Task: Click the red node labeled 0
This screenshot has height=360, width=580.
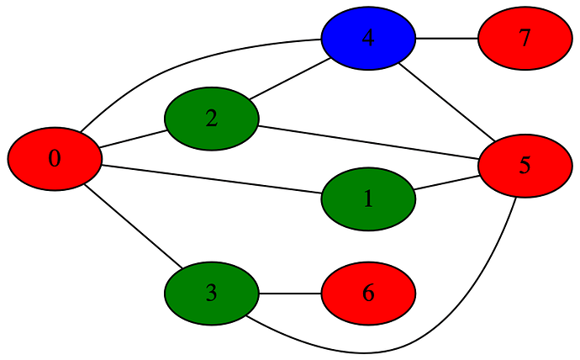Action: click(55, 158)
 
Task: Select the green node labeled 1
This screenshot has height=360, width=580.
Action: click(368, 199)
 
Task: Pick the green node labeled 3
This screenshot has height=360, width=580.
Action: click(211, 294)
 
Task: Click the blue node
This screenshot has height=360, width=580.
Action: click(368, 39)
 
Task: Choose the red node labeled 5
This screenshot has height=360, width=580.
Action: click(525, 165)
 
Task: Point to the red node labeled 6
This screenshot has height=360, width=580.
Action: click(368, 294)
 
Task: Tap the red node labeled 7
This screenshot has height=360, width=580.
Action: click(525, 39)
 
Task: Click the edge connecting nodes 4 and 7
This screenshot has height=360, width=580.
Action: click(447, 39)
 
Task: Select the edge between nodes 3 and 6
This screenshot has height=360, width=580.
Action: click(290, 294)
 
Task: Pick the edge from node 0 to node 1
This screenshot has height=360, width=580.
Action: click(210, 179)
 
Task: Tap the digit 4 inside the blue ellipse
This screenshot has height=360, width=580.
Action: click(368, 39)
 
